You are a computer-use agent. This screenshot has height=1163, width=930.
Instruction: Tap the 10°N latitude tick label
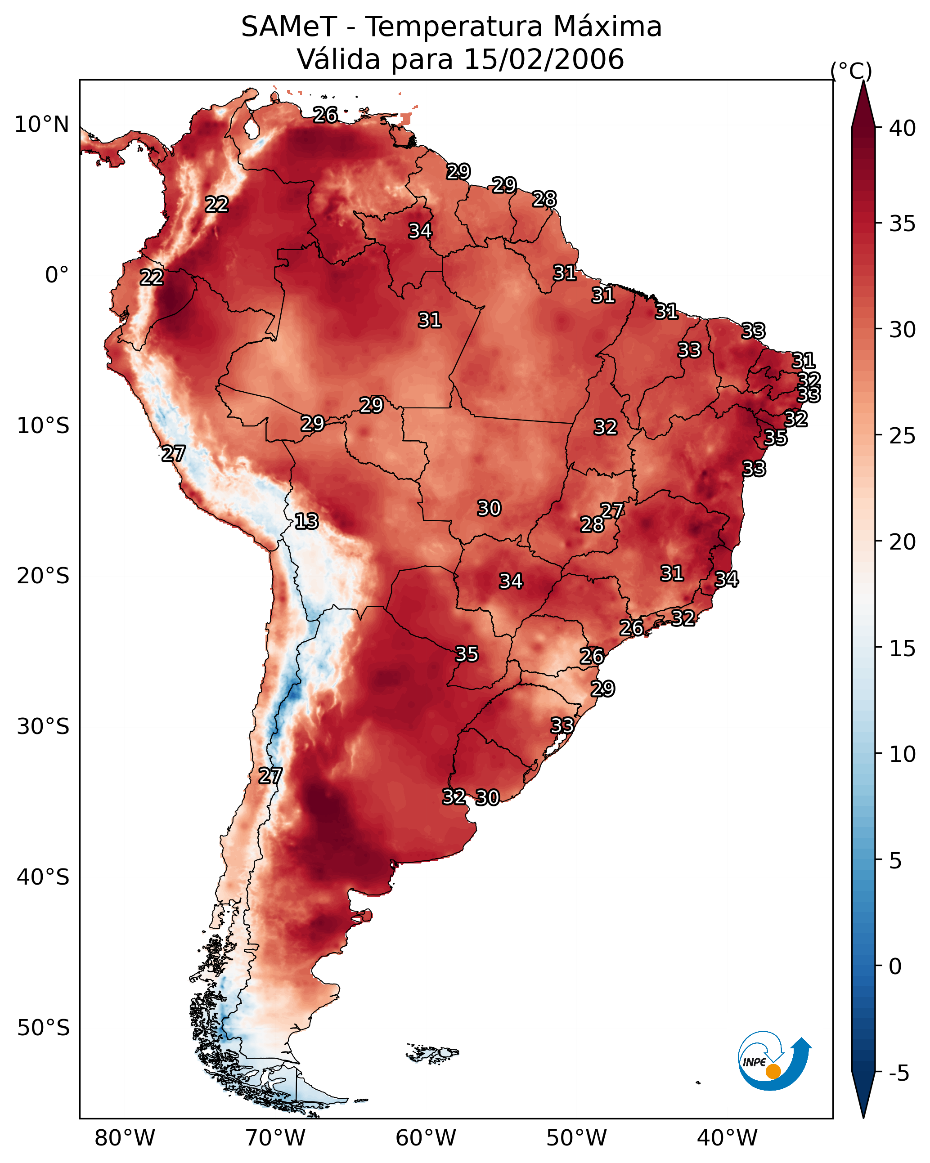tap(41, 125)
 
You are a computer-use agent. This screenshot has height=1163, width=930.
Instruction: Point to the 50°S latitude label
tap(43, 1028)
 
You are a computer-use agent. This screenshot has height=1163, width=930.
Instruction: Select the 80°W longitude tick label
tap(125, 1138)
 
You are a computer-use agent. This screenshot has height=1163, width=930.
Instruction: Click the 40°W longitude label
tap(727, 1138)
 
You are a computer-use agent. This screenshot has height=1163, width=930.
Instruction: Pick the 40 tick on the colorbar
tap(903, 128)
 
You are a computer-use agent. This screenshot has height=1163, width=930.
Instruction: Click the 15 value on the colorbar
tap(903, 649)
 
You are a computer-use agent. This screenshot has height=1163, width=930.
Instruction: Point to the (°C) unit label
tap(851, 71)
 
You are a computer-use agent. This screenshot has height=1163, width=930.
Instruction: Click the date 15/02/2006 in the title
tap(544, 59)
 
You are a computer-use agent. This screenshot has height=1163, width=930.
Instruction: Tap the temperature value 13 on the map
tap(306, 522)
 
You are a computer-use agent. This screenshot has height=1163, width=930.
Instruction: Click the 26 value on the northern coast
tap(325, 115)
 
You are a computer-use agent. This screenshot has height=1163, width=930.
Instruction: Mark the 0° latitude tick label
tap(57, 275)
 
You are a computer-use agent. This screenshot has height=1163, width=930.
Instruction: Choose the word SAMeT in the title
tap(289, 27)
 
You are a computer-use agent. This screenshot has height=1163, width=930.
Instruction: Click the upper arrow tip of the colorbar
tap(863, 81)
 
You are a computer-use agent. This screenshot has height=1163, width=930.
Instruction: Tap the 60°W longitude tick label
tap(426, 1138)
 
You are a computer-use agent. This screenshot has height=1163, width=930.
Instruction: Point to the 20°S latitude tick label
tap(43, 576)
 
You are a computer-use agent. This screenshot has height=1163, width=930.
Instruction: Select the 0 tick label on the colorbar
tap(895, 966)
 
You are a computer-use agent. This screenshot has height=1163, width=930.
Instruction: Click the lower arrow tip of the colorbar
tap(863, 1119)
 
